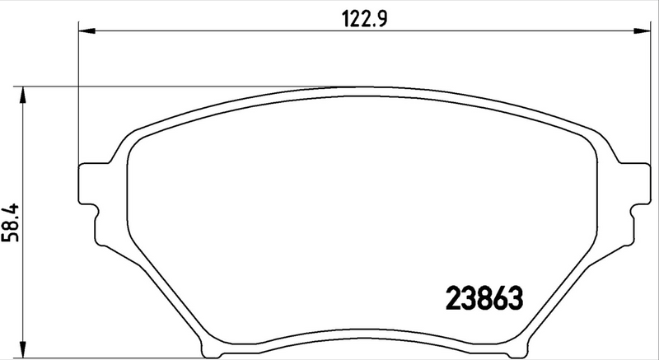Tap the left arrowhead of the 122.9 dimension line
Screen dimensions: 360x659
click(85, 31)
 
